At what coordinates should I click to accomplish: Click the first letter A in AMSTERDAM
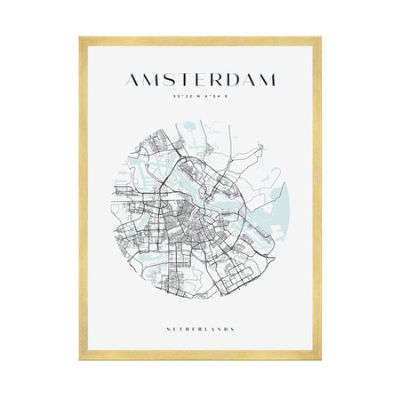pos(136,80)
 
